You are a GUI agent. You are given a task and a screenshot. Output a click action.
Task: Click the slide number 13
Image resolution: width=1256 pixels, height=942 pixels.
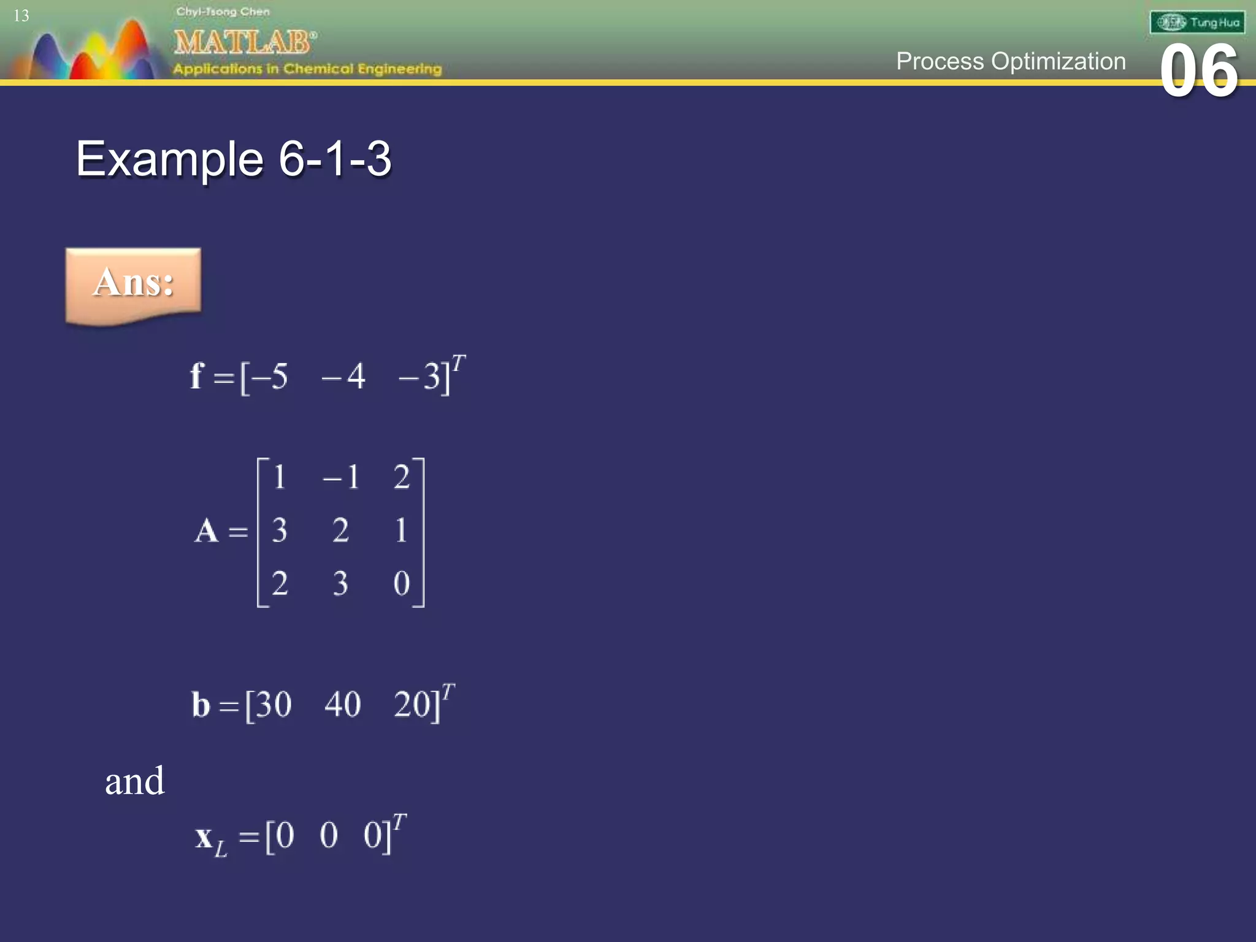(21, 16)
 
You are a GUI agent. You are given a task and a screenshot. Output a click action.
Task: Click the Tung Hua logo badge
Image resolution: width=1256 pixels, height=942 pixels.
(1197, 23)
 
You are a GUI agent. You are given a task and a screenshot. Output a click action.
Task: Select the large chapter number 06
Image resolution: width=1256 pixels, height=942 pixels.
(1199, 71)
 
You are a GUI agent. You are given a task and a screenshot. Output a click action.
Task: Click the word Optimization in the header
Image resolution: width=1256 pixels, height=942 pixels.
(1059, 61)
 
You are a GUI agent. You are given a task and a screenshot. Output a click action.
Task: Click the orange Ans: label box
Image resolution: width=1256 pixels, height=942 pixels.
(133, 283)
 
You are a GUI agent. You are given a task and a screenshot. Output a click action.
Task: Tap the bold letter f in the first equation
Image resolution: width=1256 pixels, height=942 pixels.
(196, 375)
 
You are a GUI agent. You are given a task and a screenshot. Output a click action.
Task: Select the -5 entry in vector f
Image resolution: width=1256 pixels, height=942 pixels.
(270, 376)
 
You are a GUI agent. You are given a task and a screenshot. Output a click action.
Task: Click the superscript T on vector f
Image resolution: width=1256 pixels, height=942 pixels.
(459, 362)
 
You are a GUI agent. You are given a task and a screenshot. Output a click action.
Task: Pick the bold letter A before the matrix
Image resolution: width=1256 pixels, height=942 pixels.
(207, 530)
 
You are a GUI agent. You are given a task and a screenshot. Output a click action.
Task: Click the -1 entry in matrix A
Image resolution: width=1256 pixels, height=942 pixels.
(341, 477)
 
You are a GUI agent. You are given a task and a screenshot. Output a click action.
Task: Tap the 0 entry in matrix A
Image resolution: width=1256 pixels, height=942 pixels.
(402, 583)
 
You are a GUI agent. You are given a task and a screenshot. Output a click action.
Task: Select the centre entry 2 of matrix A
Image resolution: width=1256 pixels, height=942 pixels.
(341, 530)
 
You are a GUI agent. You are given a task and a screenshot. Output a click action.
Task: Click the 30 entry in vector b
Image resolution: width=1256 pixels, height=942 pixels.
(274, 704)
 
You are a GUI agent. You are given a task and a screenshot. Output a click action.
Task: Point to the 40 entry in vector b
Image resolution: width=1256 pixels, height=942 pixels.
(342, 704)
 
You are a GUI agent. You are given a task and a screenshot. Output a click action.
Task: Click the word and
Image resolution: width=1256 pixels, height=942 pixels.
(134, 781)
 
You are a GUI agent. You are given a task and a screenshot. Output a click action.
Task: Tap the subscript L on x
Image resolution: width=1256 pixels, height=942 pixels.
(221, 849)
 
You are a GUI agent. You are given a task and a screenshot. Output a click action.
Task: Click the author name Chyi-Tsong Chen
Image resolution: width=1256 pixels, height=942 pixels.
(223, 12)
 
